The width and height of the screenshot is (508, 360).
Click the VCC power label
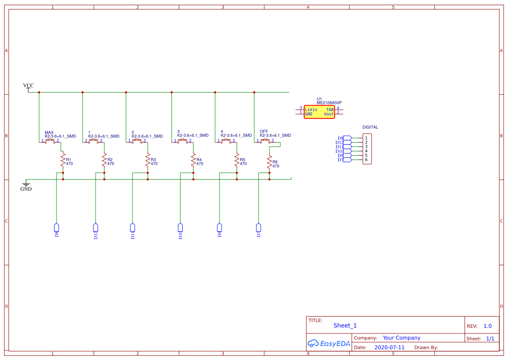coord(28,86)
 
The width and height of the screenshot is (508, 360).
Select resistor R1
coord(63,159)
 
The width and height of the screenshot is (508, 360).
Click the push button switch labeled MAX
coord(50,140)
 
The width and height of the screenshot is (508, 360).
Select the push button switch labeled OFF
coord(266,140)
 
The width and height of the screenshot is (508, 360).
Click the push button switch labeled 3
coord(183,140)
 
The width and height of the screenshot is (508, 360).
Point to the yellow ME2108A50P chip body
coord(319,112)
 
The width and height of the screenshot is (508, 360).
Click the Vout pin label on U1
coord(329,114)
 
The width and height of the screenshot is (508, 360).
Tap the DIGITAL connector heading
coord(370,127)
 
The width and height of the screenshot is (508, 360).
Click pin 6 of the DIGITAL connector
coord(366,160)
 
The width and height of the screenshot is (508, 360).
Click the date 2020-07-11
coord(389,347)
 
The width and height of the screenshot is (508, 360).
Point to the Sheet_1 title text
coord(345,326)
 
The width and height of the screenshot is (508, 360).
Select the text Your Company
coord(402,338)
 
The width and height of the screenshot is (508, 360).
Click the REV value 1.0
coord(488,326)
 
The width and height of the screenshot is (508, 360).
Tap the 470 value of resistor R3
coord(154,164)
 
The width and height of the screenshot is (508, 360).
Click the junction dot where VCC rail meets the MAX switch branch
coord(39,92)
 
